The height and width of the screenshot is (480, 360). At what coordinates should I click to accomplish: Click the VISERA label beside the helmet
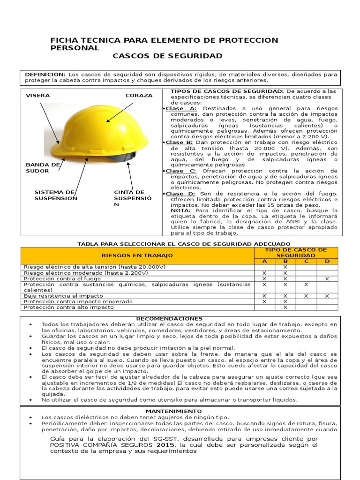coord(37,96)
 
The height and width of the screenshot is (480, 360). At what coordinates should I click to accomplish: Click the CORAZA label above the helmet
coord(139,96)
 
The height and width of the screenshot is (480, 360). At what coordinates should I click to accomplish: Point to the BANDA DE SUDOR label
coord(43,168)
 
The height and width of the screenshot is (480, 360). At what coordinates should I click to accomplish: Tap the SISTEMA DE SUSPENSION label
coord(56,195)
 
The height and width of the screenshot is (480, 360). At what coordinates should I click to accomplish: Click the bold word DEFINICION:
coord(45,75)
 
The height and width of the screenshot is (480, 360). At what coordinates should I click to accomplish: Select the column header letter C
coord(306,261)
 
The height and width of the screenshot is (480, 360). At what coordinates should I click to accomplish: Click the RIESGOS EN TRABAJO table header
coord(137,255)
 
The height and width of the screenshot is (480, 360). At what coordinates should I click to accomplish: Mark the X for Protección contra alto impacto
coord(285,307)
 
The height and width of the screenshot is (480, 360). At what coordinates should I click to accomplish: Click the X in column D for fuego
coord(327,278)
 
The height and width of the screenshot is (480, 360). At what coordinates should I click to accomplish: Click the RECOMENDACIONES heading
coord(169,319)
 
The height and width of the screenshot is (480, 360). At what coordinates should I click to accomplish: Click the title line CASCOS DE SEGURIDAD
coord(167,56)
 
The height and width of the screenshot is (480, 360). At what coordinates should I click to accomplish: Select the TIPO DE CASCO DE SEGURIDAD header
coord(295,252)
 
